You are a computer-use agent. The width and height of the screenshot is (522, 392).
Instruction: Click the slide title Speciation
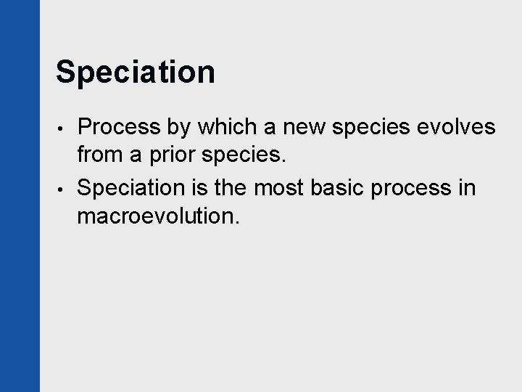point(135,73)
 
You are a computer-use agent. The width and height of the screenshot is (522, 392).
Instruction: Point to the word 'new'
point(304,128)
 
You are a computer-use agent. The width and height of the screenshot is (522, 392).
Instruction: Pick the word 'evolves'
point(455,128)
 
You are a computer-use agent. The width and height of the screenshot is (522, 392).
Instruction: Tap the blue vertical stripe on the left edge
point(20,196)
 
